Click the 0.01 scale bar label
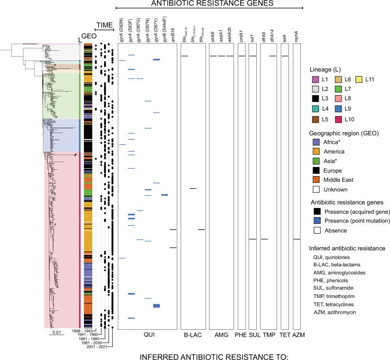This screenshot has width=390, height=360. pyautogui.click(x=54, y=333)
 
